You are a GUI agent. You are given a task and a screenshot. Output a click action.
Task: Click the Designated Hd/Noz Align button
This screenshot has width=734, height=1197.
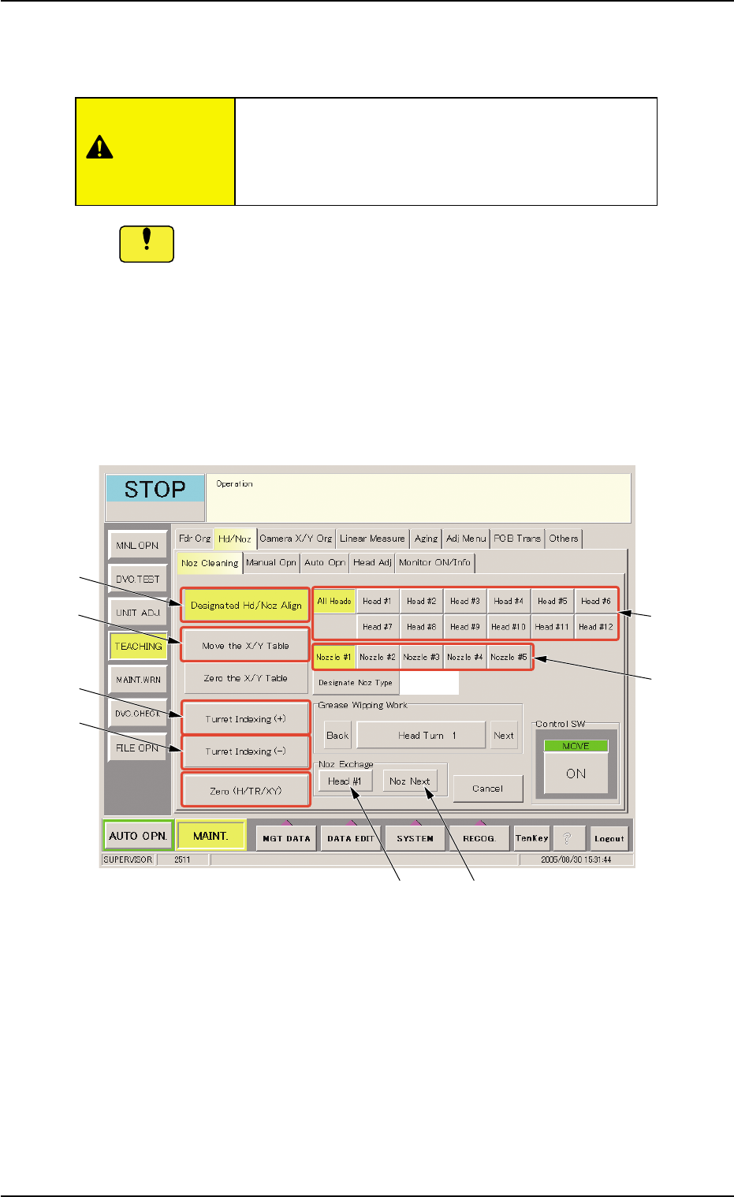point(245,606)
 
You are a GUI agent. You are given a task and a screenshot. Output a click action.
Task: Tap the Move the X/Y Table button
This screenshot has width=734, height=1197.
point(245,646)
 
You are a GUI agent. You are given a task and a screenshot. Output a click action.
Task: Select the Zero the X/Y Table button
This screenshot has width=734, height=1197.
point(245,678)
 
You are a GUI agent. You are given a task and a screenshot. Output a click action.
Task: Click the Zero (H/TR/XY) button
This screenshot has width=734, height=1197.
point(245,791)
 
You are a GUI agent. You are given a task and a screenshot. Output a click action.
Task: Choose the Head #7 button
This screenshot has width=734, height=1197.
point(377,627)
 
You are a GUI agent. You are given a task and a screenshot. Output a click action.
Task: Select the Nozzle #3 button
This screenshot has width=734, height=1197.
point(422,657)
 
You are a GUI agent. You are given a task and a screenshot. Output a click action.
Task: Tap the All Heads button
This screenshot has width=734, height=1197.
point(334,601)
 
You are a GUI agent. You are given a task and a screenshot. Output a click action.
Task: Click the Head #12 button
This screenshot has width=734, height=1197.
point(596,627)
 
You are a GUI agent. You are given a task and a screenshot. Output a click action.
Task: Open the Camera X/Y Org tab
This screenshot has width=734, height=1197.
point(296,539)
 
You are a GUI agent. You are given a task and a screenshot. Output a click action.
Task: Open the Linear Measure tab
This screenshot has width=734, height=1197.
point(372,539)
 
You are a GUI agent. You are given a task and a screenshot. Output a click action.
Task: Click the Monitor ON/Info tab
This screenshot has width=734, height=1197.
point(434,562)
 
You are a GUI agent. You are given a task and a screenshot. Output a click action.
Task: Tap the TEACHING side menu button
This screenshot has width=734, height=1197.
point(138,647)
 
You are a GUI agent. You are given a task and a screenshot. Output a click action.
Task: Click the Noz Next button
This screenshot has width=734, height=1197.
point(410,781)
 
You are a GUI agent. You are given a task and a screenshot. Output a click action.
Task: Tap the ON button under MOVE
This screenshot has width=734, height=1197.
point(576,774)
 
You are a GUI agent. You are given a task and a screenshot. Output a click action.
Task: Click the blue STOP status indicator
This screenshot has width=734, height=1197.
point(155,489)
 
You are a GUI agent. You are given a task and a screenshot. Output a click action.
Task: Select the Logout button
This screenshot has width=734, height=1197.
point(609,839)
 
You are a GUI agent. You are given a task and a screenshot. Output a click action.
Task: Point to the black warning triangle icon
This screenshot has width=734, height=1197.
point(99,147)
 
